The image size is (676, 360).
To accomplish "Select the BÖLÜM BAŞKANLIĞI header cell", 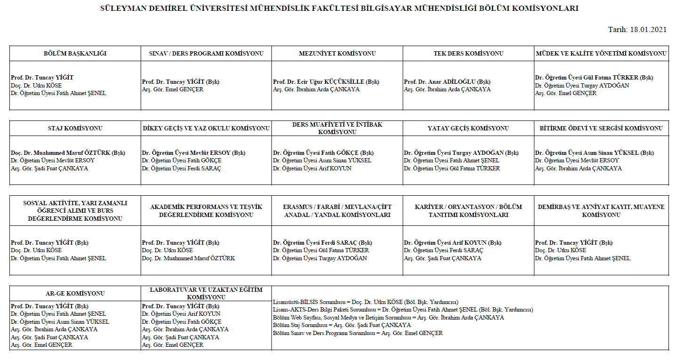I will pyautogui.click(x=75, y=53).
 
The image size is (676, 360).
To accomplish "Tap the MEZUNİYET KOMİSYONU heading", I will pyautogui.click(x=337, y=53).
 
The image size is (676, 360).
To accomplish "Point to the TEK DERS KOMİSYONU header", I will pyautogui.click(x=468, y=53).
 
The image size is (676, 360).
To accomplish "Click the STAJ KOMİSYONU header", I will pyautogui.click(x=75, y=128).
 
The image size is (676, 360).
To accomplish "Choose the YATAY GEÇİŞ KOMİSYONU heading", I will pyautogui.click(x=468, y=128).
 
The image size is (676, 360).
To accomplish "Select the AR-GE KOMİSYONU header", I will pyautogui.click(x=75, y=293).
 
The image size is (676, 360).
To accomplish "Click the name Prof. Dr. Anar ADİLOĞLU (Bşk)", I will pyautogui.click(x=447, y=81).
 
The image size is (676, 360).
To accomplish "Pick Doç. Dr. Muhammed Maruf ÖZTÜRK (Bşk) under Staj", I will pyautogui.click(x=68, y=152).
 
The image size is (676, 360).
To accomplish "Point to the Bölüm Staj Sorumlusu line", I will pyautogui.click(x=342, y=325).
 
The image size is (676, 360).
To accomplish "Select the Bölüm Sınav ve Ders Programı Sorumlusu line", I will pyautogui.click(x=358, y=333).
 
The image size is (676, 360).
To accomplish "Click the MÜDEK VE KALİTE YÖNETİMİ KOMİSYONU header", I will pyautogui.click(x=601, y=53).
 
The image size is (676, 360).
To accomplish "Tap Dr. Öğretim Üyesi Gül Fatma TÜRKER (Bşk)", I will pyautogui.click(x=594, y=78).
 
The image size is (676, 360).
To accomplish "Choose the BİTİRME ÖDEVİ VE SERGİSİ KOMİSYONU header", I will pyautogui.click(x=601, y=128).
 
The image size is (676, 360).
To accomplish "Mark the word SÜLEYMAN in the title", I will pyautogui.click(x=122, y=8).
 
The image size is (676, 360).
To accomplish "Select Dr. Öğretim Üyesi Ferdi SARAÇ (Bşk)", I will pyautogui.click(x=322, y=243).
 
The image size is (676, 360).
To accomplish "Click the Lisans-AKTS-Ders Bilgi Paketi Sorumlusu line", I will pyautogui.click(x=403, y=310).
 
